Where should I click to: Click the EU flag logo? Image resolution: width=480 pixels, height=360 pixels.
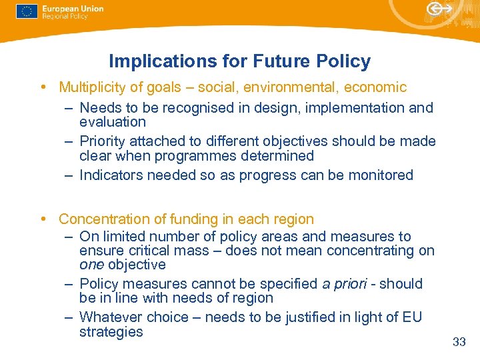click(26, 12)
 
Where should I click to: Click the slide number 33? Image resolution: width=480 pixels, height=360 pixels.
click(459, 342)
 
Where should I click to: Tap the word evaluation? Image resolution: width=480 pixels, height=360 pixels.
click(112, 122)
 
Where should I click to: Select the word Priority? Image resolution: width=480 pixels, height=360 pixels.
click(103, 141)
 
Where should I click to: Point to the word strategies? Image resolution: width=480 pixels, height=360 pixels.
click(111, 332)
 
